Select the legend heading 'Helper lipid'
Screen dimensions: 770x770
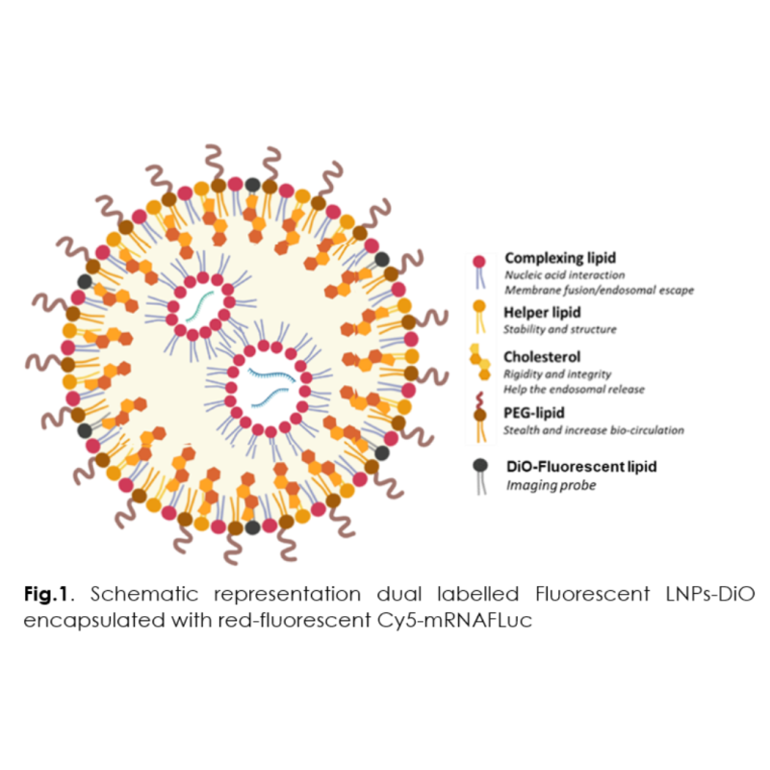click(540, 313)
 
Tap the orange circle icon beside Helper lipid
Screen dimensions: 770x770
click(478, 313)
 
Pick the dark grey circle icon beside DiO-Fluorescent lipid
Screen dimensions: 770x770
click(478, 466)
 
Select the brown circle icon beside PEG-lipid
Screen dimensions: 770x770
click(478, 416)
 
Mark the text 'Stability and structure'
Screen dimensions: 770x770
click(560, 330)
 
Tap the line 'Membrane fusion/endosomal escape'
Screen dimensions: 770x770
click(599, 290)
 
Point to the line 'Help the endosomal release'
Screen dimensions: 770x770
click(573, 389)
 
